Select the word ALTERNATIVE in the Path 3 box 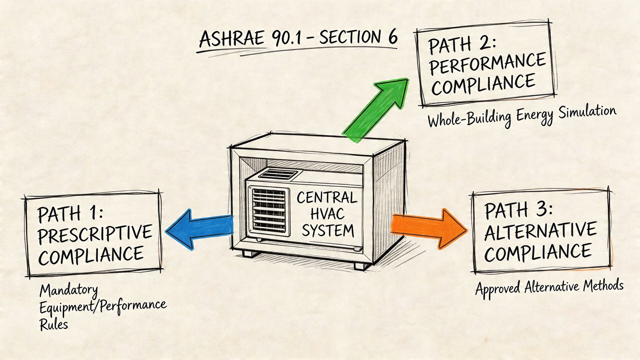click(540, 231)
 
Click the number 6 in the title click(392, 37)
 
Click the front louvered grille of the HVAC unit click(269, 210)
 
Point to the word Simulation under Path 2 click(587, 112)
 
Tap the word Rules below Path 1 click(54, 324)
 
